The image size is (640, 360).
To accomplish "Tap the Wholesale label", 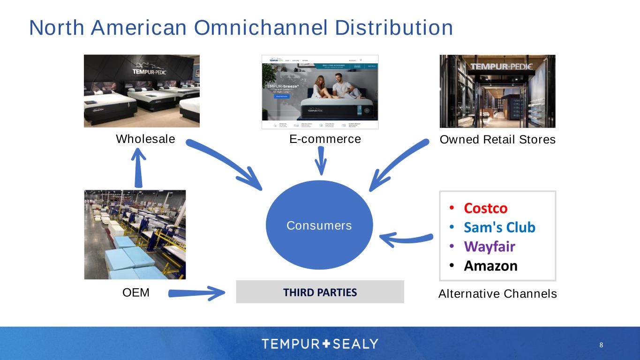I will [145, 139].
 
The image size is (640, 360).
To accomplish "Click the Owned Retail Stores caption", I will [497, 140].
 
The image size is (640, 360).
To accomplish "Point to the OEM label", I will [136, 293].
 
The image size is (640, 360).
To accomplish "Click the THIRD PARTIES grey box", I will [320, 292].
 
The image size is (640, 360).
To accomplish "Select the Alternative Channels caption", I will [497, 294].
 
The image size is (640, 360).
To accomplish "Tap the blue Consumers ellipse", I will [319, 225].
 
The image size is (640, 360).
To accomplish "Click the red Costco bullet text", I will [486, 208].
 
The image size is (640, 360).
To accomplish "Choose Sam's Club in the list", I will [499, 227].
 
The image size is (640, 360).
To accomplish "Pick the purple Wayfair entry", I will [489, 247].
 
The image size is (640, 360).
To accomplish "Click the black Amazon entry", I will [490, 266].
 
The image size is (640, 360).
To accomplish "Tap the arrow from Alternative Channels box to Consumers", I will [406, 240].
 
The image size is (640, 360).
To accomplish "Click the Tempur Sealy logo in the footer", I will [320, 344].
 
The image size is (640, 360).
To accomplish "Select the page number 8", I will [601, 345].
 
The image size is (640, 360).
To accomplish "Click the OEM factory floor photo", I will [135, 234].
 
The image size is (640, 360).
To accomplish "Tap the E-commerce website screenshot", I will [320, 92].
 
